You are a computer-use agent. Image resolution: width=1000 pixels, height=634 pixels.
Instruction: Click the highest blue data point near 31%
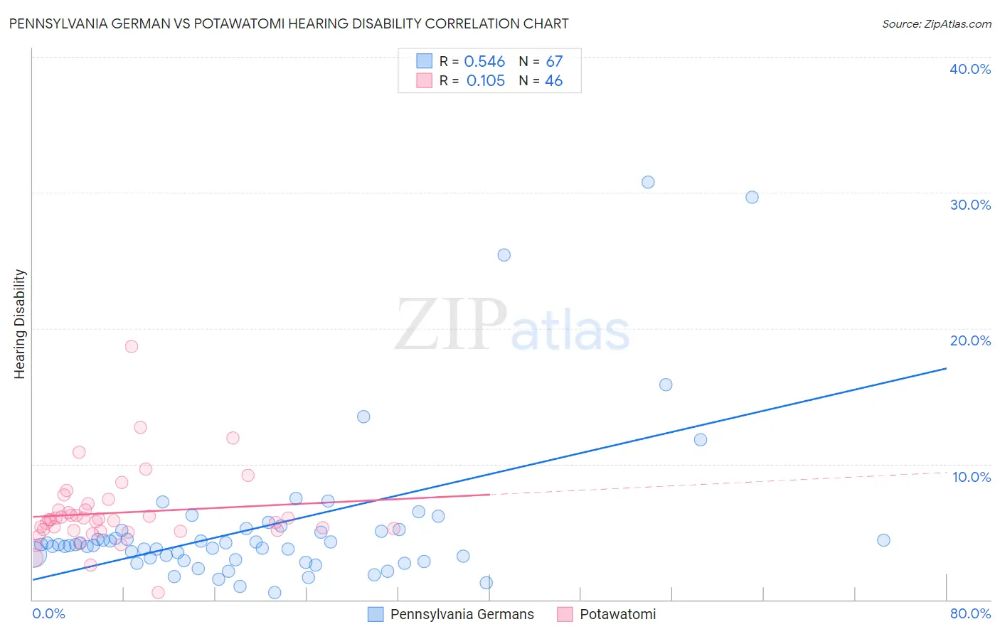[x=648, y=182]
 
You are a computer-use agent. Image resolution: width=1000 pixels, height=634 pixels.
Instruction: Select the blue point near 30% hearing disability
[x=752, y=197]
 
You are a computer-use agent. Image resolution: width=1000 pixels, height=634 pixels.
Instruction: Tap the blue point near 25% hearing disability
[x=504, y=255]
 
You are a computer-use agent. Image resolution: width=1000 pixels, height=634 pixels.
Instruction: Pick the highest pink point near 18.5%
[x=132, y=347]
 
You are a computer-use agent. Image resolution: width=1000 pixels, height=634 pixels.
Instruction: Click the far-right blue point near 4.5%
[x=883, y=540]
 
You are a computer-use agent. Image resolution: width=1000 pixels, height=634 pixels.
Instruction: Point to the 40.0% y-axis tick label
[x=970, y=69]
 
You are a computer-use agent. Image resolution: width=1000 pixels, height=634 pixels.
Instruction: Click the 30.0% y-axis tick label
[x=970, y=205]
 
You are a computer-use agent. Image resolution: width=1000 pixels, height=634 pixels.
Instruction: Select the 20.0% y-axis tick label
[x=970, y=340]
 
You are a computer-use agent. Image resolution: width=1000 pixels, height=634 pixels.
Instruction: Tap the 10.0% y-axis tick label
[x=970, y=477]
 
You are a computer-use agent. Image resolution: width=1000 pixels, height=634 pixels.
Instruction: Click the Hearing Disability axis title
[x=20, y=324]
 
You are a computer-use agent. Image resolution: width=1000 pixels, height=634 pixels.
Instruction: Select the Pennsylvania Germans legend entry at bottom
[x=462, y=614]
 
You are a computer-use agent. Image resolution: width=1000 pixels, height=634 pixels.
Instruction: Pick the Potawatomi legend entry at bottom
[x=617, y=614]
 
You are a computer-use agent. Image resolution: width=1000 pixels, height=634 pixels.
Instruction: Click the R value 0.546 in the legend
[x=484, y=62]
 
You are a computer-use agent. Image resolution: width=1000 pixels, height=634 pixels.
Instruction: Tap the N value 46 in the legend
[x=553, y=81]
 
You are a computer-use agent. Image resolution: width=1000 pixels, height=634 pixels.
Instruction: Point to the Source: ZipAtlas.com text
[x=936, y=24]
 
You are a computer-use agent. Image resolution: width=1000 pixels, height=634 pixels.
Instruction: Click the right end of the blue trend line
[x=946, y=368]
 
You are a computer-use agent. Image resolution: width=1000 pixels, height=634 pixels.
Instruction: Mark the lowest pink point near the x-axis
[x=158, y=593]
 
